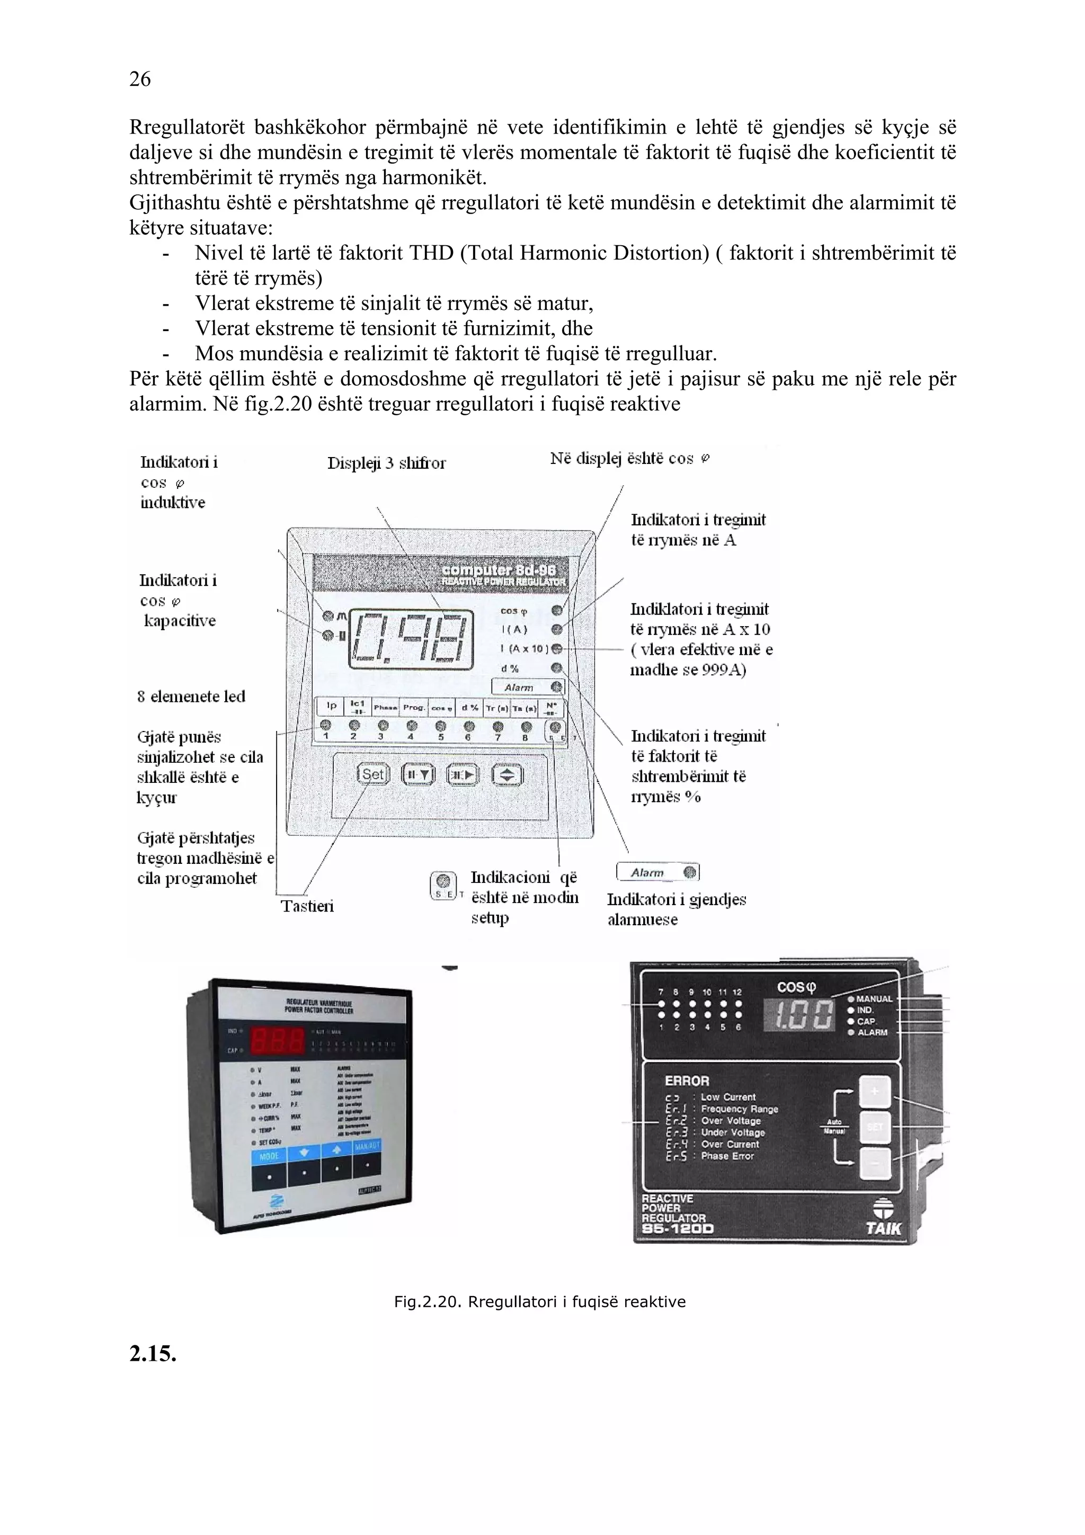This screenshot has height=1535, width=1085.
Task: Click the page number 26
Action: coord(140,79)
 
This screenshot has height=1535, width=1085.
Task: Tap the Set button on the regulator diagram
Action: coord(372,774)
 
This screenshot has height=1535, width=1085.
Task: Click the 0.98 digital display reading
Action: coord(412,638)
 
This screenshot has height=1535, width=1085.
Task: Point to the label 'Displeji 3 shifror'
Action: coord(386,462)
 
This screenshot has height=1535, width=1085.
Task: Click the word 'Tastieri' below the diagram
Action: coord(307,906)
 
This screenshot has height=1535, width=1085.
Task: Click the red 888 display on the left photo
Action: coord(277,1041)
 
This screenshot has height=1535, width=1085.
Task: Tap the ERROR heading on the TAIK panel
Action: coord(687,1081)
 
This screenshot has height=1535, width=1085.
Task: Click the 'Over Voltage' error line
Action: coord(730,1120)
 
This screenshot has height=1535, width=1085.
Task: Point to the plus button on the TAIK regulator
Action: coord(875,1092)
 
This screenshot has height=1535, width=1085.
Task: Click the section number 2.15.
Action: coord(153,1354)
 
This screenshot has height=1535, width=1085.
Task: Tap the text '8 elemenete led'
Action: coord(191,697)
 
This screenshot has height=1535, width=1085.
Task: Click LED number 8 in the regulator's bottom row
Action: coord(526,726)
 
